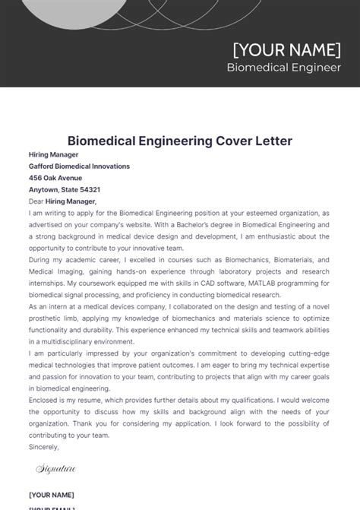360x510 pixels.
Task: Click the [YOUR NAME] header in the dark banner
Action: click(286, 50)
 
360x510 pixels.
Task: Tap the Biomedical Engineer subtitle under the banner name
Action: click(283, 68)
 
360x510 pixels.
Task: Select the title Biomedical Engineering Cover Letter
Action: click(180, 141)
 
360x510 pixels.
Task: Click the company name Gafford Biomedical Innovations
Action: click(79, 166)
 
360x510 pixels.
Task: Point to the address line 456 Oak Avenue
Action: click(55, 178)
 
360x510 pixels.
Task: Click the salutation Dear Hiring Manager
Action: click(62, 201)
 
